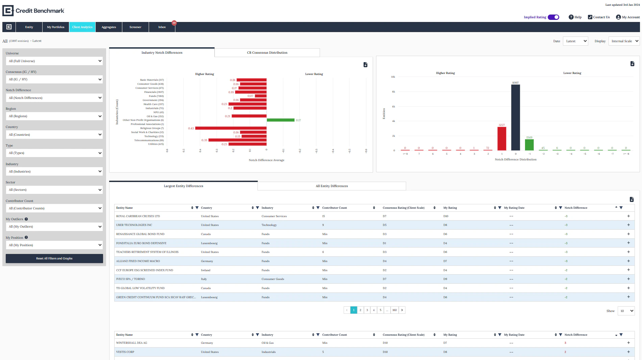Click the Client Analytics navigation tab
[82, 27]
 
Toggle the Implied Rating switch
[553, 17]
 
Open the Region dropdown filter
[54, 116]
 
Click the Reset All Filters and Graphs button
[54, 258]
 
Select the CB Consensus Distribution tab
[267, 53]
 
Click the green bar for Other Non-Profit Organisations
[280, 120]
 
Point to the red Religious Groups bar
[231, 128]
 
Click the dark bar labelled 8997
[515, 117]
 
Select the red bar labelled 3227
[502, 138]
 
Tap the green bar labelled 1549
[529, 145]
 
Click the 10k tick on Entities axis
[393, 77]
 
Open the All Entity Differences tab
[331, 186]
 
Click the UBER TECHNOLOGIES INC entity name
[134, 225]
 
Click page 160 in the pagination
[394, 310]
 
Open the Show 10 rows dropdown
[626, 311]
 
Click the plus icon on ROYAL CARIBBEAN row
[628, 216]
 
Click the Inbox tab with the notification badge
[162, 27]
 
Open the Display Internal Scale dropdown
[624, 41]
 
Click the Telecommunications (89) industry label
[149, 140]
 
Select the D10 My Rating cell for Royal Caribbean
[446, 216]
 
